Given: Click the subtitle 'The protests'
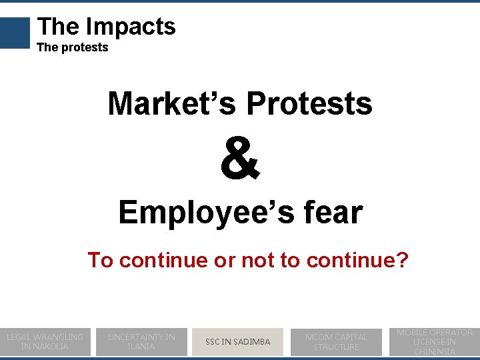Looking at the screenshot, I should [x=73, y=47].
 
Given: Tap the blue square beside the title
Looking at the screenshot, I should [x=15, y=33].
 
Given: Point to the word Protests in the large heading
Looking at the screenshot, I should [x=309, y=103].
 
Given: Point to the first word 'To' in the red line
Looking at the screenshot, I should [x=100, y=259].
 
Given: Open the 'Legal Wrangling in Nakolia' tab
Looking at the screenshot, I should [x=45, y=341].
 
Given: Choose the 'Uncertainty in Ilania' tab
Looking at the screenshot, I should [x=141, y=341].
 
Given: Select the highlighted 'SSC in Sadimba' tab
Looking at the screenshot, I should [x=238, y=341].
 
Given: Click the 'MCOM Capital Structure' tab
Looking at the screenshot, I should [x=336, y=341].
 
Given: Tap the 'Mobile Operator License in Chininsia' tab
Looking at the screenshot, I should [x=434, y=341].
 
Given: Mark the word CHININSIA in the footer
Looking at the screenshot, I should [x=434, y=351].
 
